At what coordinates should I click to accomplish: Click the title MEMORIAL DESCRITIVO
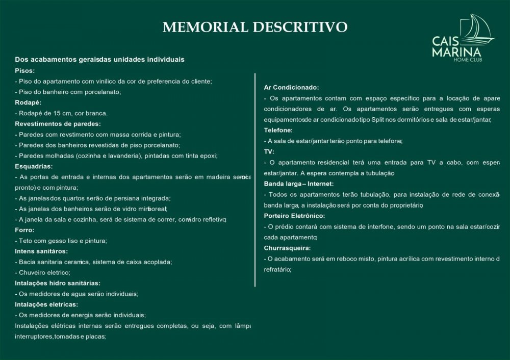tap(255, 27)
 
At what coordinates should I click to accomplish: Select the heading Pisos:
tap(25, 70)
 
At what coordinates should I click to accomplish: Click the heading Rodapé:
tap(28, 102)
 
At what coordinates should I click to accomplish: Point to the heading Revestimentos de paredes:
tap(58, 123)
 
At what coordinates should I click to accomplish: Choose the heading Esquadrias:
tap(34, 166)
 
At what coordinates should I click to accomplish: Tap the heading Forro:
tap(24, 230)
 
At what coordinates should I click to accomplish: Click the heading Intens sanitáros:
tap(41, 251)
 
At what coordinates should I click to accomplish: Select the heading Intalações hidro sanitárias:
tap(57, 283)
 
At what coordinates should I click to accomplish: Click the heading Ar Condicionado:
tap(291, 87)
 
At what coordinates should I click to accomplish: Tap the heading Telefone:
tap(278, 130)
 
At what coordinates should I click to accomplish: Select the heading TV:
tap(269, 151)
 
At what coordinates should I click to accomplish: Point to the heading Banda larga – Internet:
tap(298, 183)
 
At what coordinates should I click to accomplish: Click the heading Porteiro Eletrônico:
tap(294, 215)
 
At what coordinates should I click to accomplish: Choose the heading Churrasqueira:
tap(287, 248)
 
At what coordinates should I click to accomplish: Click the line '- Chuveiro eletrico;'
tap(43, 272)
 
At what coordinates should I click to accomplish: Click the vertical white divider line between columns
tap(254, 178)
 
